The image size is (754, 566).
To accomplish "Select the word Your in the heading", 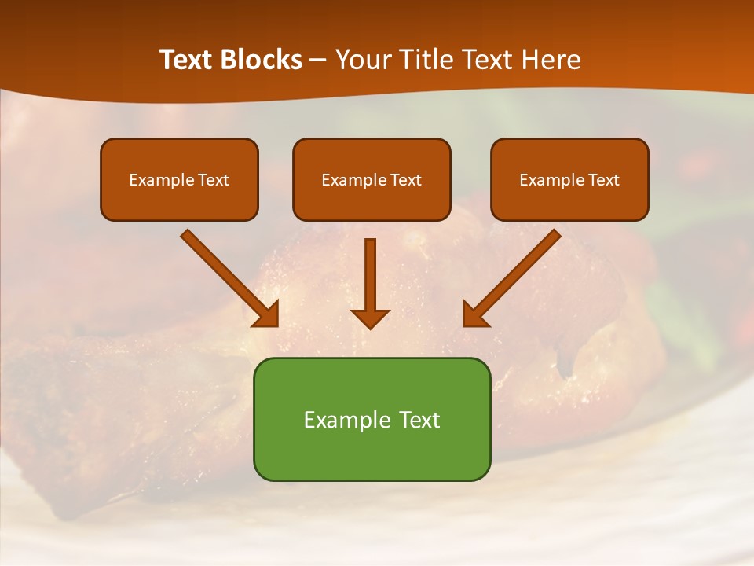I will click(362, 60).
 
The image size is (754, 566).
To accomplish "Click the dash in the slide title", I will click(318, 60).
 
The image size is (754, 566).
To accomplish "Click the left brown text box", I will click(179, 179).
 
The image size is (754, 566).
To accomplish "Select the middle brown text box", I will click(372, 179).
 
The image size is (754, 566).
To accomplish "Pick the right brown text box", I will click(569, 179).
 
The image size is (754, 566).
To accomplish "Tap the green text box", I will click(372, 419).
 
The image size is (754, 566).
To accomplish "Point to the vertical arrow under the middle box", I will click(371, 275).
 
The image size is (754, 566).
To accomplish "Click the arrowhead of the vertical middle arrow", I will click(371, 318).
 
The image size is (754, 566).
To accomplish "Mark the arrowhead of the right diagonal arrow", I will click(474, 314).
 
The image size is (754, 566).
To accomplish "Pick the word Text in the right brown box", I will click(604, 180).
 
